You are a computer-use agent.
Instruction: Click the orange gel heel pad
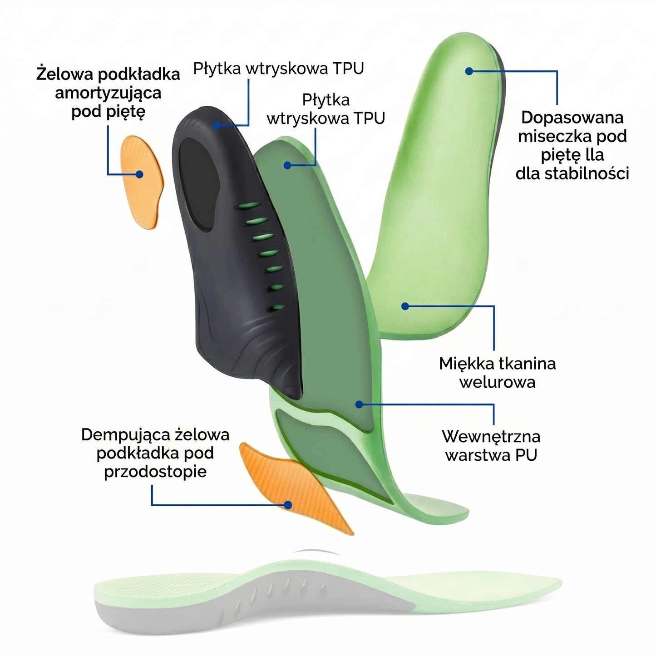tap(142, 182)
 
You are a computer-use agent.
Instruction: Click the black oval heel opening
tap(199, 184)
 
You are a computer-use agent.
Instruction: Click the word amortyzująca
tap(108, 93)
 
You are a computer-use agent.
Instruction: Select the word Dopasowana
tap(572, 118)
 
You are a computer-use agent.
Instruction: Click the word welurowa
tap(498, 382)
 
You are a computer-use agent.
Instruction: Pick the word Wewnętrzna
tap(491, 436)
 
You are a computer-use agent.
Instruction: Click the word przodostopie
tap(155, 472)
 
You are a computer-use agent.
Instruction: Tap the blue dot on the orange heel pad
tap(139, 174)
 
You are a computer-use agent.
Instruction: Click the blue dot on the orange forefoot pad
tap(288, 505)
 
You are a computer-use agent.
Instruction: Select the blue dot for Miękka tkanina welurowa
tap(405, 306)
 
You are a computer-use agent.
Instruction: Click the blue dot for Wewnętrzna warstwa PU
tap(359, 404)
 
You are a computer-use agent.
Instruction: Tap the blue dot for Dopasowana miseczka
tap(469, 71)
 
